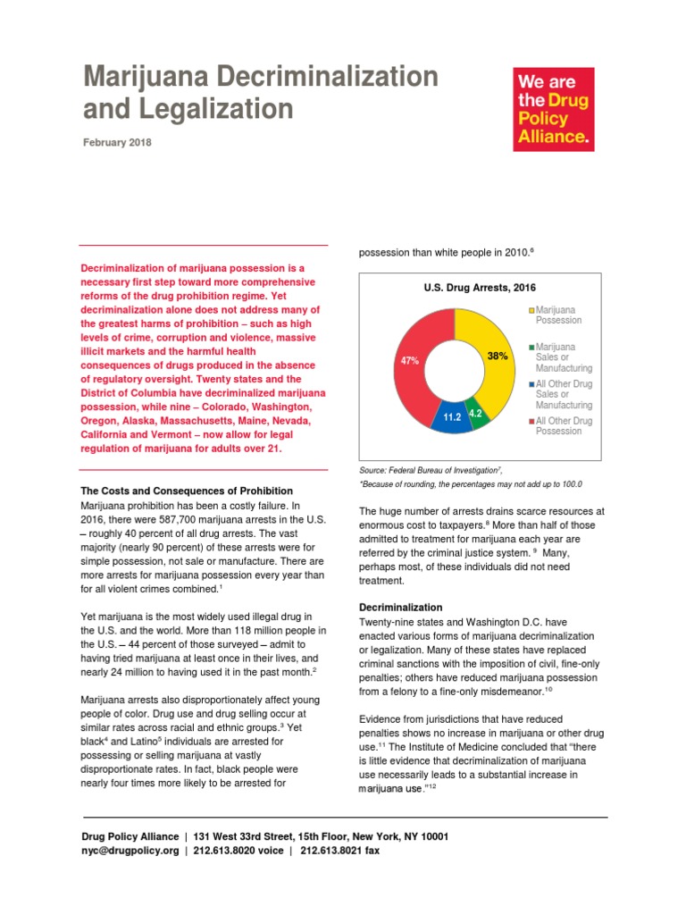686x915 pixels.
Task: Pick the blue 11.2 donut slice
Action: click(451, 416)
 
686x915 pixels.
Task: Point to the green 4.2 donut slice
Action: click(478, 414)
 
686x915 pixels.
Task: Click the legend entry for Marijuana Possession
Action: click(557, 315)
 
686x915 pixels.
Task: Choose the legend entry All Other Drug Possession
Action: click(562, 425)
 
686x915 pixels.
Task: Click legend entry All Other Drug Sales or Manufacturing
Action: click(562, 394)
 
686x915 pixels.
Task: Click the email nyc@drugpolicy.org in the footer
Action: click(130, 852)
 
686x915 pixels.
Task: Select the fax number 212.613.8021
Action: click(339, 852)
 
